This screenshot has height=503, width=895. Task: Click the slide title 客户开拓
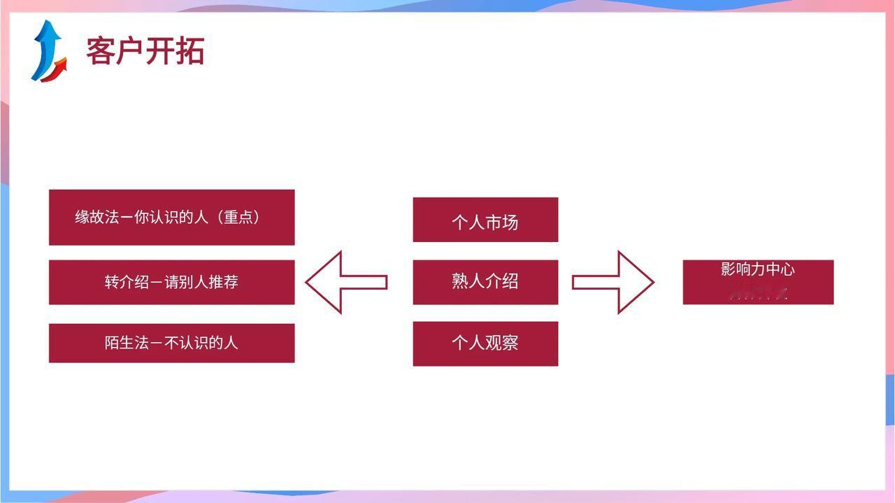145,51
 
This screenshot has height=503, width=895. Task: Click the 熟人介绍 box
485,282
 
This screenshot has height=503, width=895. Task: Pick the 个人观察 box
485,343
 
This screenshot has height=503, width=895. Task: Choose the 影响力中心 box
758,282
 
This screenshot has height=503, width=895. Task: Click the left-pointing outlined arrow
345,282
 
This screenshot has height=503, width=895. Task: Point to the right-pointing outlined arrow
613,282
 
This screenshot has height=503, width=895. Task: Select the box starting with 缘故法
171,217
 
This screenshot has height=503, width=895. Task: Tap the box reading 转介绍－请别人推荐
171,282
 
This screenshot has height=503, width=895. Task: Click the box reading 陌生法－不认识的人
171,343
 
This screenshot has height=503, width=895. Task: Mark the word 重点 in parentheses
239,217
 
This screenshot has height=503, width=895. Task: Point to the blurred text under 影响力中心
758,294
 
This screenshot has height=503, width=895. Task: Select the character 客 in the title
101,51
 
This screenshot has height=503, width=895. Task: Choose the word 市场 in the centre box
502,222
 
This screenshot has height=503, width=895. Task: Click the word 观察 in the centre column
502,343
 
